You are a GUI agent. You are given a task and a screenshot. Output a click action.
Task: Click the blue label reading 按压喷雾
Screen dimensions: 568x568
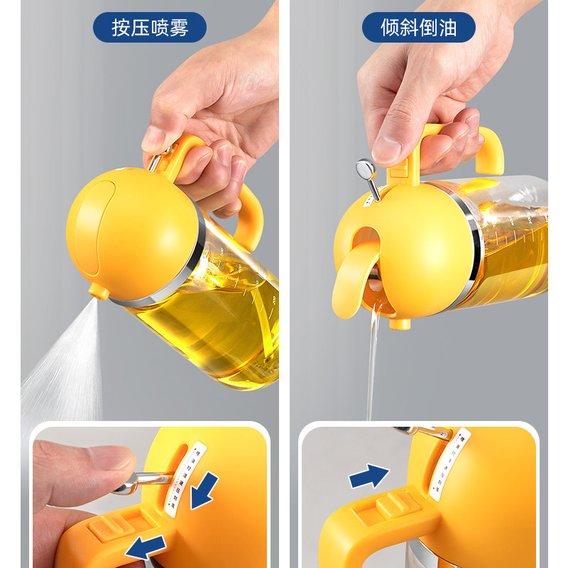click(x=149, y=28)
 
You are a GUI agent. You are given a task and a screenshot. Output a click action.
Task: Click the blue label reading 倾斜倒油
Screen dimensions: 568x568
click(x=419, y=28)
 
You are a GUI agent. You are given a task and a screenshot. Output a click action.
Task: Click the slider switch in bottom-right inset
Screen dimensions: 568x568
click(x=389, y=506)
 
